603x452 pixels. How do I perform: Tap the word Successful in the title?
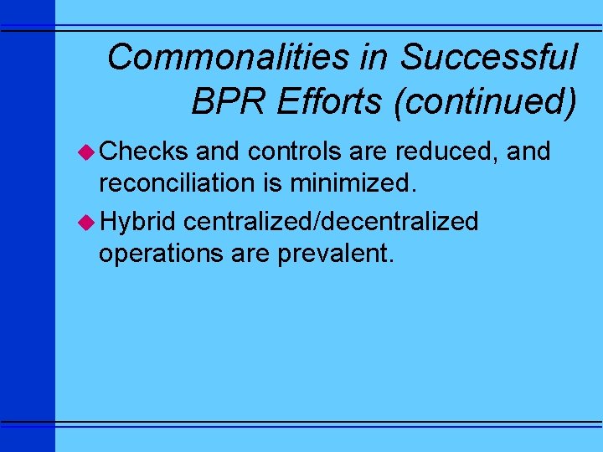(488, 58)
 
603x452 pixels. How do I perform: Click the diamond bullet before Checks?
(86, 152)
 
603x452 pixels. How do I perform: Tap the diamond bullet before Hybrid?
(86, 222)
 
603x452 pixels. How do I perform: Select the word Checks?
(143, 152)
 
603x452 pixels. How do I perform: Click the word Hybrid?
(137, 222)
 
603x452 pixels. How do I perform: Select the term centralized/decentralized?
(331, 222)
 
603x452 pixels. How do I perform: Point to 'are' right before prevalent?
(250, 253)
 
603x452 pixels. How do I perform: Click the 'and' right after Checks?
(215, 152)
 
